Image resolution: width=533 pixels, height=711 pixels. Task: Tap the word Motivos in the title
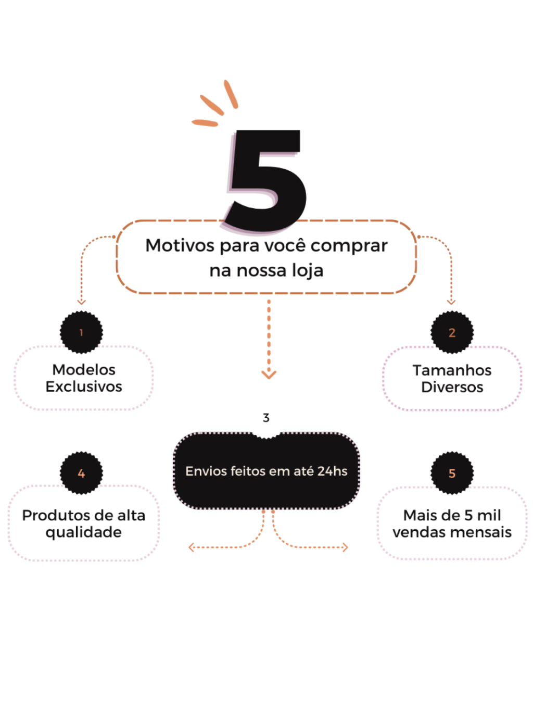click(x=180, y=245)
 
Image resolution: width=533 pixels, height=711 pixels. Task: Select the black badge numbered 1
click(x=81, y=332)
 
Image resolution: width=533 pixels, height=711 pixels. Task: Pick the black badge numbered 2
click(x=452, y=332)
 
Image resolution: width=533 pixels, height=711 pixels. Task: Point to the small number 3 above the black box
click(x=266, y=418)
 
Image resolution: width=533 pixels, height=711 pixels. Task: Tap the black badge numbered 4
click(x=81, y=473)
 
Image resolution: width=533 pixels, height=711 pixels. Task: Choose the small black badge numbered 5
click(x=452, y=473)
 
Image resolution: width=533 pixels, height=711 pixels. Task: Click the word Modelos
click(x=84, y=370)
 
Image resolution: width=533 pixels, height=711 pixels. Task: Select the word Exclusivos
click(x=84, y=387)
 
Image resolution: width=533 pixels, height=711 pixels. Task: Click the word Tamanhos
click(x=452, y=370)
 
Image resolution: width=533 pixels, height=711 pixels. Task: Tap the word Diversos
click(x=452, y=388)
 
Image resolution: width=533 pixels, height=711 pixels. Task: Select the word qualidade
click(x=83, y=533)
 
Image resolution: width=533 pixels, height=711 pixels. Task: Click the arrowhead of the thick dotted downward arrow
click(x=269, y=375)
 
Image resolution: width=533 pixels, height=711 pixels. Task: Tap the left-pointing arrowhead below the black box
click(x=191, y=547)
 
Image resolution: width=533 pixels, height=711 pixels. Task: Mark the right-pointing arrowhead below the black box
click(x=345, y=547)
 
